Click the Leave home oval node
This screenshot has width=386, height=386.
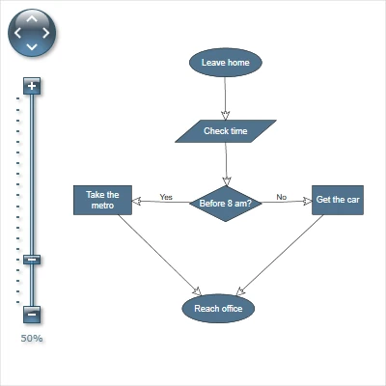pyautogui.click(x=225, y=63)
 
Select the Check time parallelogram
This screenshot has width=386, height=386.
pyautogui.click(x=226, y=130)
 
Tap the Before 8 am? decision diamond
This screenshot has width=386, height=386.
pyautogui.click(x=225, y=203)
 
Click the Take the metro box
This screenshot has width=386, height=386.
pyautogui.click(x=102, y=200)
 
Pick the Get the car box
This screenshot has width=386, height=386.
pyautogui.click(x=338, y=200)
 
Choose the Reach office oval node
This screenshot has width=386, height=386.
pyautogui.click(x=218, y=309)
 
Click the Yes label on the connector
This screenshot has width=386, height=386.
pyautogui.click(x=166, y=197)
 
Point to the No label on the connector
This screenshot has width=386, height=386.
pyautogui.click(x=282, y=197)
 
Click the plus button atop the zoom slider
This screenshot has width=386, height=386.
pyautogui.click(x=32, y=87)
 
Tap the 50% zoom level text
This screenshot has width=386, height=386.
pyautogui.click(x=32, y=339)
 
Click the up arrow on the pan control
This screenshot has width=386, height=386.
pyautogui.click(x=32, y=18)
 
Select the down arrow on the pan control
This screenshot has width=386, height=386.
pyautogui.click(x=32, y=46)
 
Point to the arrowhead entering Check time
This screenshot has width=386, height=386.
pyautogui.click(x=226, y=114)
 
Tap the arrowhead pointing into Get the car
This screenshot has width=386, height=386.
pyautogui.click(x=306, y=202)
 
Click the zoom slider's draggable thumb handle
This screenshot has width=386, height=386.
pyautogui.click(x=32, y=259)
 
